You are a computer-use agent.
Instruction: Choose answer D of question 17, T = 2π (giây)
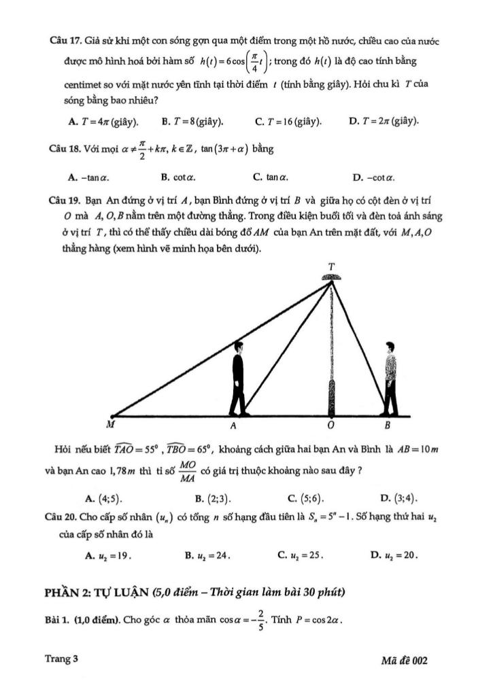pos(384,122)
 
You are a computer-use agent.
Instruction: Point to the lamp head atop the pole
pos(331,277)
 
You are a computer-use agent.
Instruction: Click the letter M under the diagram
pos(110,425)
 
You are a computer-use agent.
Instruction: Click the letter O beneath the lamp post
pos(332,426)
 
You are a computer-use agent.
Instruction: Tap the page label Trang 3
pos(62,659)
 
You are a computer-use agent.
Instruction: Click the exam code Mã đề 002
pos(405,660)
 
